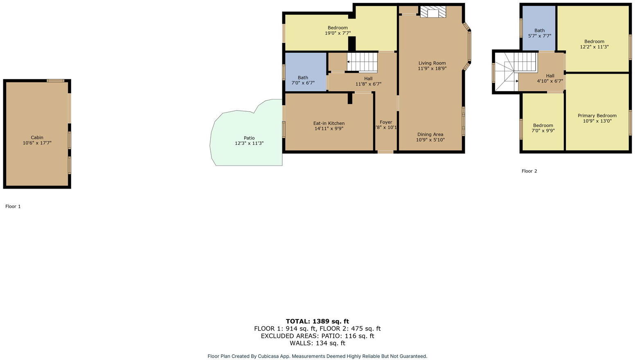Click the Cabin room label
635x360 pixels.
pyautogui.click(x=37, y=137)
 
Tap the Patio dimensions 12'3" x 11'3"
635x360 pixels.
pyautogui.click(x=249, y=144)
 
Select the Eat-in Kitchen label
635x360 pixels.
pyautogui.click(x=329, y=123)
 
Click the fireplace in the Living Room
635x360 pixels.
pyautogui.click(x=432, y=12)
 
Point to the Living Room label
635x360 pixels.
pyautogui.click(x=432, y=63)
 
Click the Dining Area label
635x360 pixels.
pyautogui.click(x=430, y=134)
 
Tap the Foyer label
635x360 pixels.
pyautogui.click(x=386, y=122)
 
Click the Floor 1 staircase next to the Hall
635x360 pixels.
pyautogui.click(x=362, y=63)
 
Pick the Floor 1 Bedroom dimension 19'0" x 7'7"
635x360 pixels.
pyautogui.click(x=338, y=33)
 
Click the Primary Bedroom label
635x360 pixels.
pyautogui.click(x=597, y=115)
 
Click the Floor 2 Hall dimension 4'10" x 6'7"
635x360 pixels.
pyautogui.click(x=550, y=81)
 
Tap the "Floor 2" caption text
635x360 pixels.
pyautogui.click(x=529, y=171)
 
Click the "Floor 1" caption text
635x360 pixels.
pyautogui.click(x=13, y=207)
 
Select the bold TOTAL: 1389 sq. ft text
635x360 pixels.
pyautogui.click(x=317, y=321)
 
